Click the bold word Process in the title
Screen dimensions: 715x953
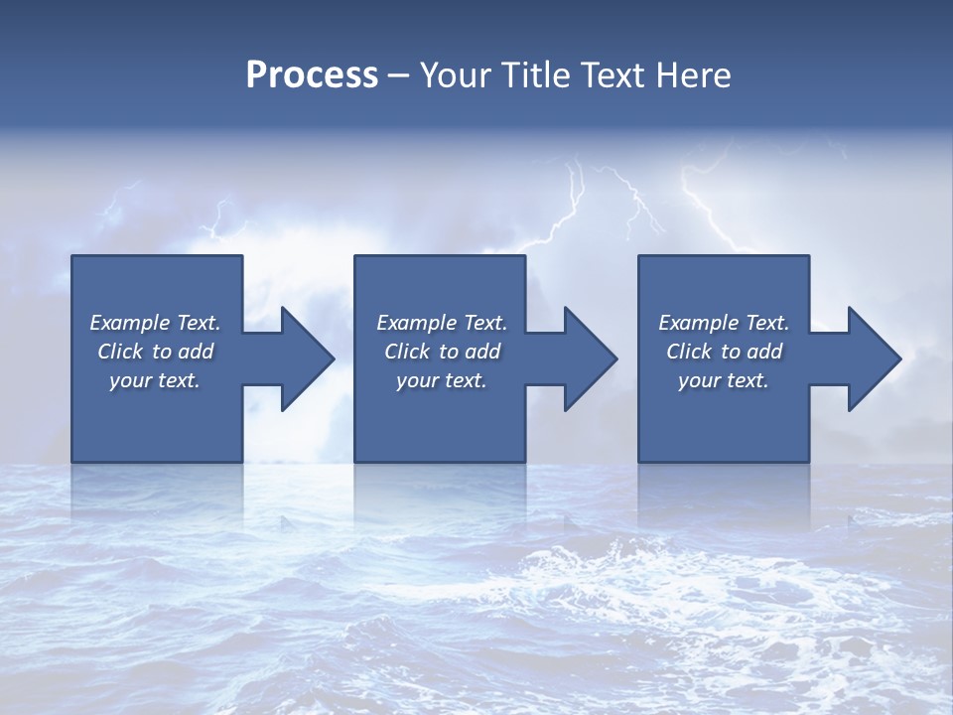(312, 75)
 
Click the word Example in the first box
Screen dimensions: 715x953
(130, 323)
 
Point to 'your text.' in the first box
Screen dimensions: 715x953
(155, 380)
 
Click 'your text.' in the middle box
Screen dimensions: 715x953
(442, 380)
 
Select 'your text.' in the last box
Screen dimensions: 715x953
(724, 380)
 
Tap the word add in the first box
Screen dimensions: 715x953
(196, 352)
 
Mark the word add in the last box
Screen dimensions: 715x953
(764, 352)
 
